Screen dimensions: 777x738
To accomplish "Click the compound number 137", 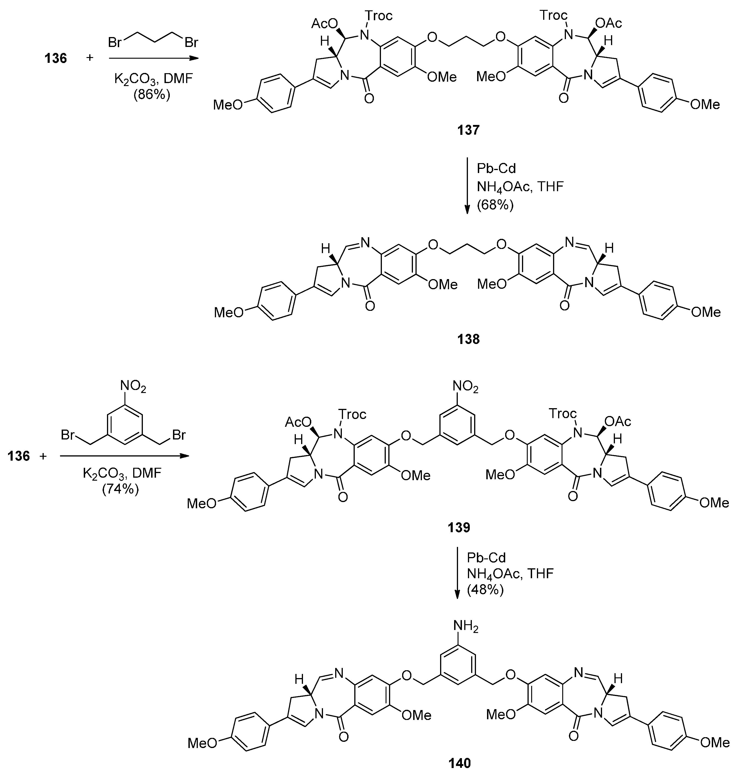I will point(468,130).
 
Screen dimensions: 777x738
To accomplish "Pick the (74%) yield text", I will point(120,489).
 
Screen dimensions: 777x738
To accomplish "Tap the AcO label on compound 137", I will point(325,24).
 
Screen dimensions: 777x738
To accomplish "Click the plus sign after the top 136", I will point(90,58).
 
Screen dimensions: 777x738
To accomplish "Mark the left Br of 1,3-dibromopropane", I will point(115,42).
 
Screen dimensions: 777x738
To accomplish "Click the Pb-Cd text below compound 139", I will point(486,557).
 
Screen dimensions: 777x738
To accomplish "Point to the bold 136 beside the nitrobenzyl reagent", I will point(18,456).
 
